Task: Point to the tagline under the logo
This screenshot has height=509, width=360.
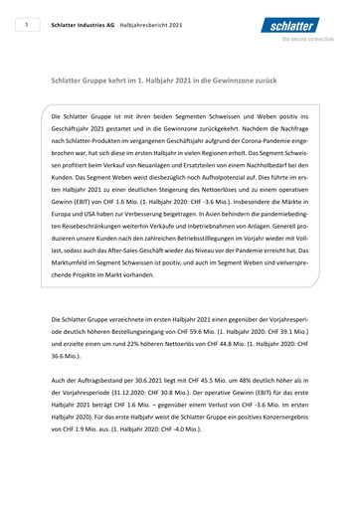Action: coord(309,41)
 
